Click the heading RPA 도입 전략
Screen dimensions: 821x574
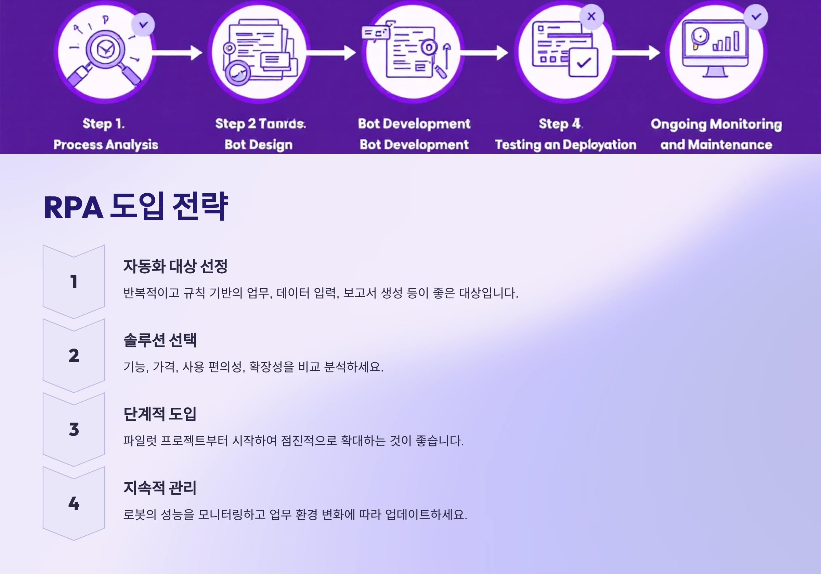point(135,207)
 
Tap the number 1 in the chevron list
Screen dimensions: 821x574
point(74,282)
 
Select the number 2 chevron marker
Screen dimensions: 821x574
point(74,355)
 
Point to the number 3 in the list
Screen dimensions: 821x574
point(74,430)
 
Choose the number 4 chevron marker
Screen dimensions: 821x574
point(74,503)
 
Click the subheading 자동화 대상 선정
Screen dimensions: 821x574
point(175,266)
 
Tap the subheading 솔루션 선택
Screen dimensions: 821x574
point(160,340)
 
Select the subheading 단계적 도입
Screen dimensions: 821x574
point(160,414)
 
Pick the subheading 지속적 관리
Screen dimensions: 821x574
point(160,488)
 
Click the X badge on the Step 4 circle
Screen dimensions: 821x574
point(591,16)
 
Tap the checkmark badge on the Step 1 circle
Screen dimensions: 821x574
point(143,25)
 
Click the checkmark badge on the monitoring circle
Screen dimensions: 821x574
point(756,16)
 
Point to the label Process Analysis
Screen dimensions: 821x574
point(106,145)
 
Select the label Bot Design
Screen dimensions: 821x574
point(259,145)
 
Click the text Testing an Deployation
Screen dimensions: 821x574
point(565,145)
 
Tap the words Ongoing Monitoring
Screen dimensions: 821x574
point(716,124)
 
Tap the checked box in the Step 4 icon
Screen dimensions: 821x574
point(584,63)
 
